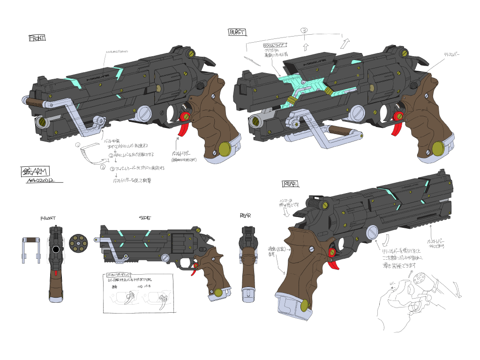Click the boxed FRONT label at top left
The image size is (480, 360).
click(x=37, y=38)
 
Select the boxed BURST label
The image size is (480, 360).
click(x=237, y=32)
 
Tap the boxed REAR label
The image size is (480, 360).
click(x=290, y=184)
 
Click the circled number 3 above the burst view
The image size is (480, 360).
click(x=305, y=31)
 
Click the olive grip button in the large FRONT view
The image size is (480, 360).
click(x=225, y=149)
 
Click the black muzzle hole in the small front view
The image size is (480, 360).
click(x=56, y=249)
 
